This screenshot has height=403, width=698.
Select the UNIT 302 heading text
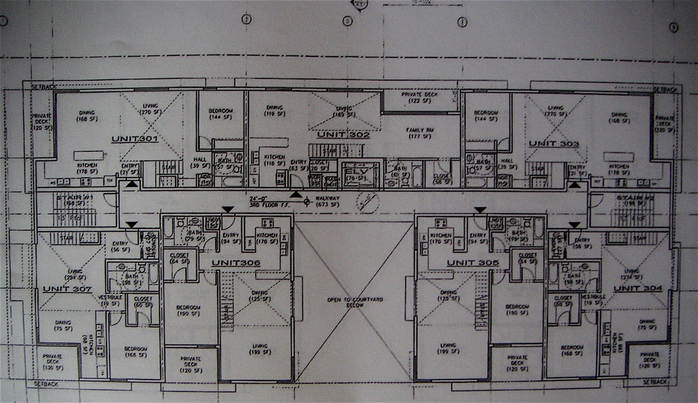tap(343, 135)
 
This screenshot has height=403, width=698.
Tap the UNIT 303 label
tap(554, 143)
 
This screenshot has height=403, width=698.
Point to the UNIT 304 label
tap(637, 288)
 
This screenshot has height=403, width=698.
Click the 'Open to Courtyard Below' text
tap(355, 302)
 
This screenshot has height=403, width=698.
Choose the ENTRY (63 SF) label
tap(299, 165)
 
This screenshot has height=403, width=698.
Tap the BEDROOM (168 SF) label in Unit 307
tap(136, 352)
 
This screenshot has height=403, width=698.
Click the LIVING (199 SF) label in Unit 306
tap(260, 349)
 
